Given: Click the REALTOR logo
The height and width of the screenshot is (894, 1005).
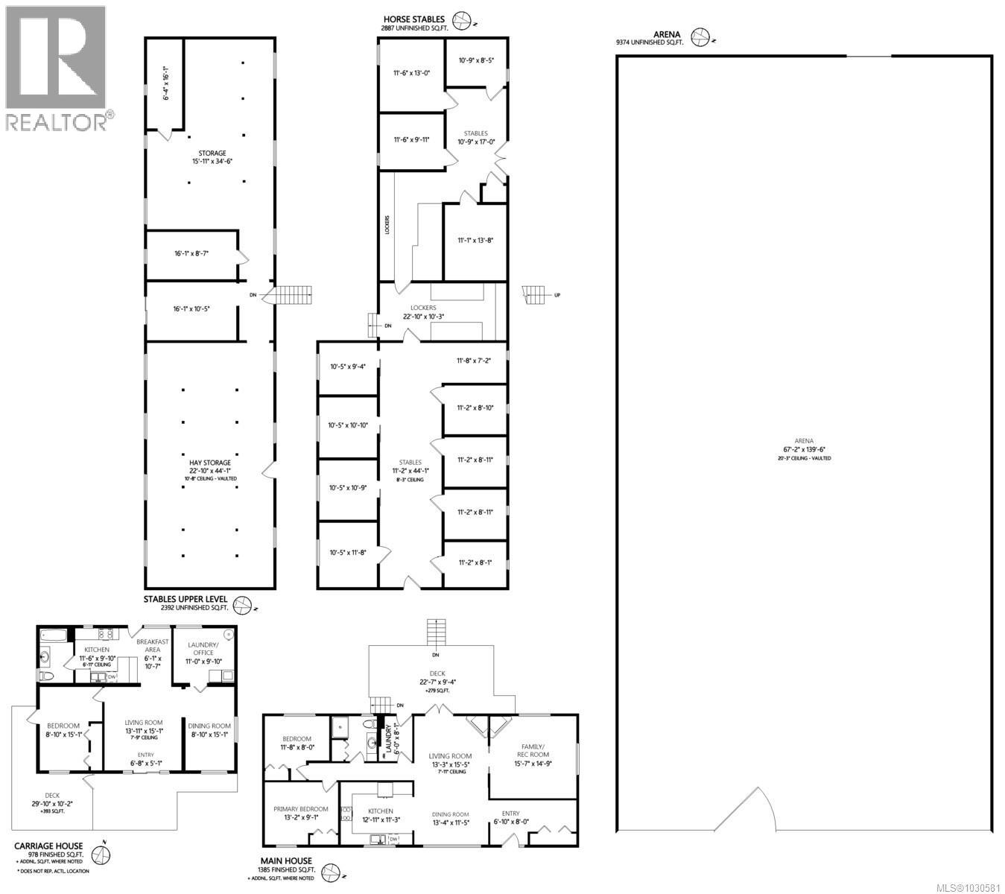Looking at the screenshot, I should tap(57, 67).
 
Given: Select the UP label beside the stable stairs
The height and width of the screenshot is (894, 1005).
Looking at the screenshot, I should tap(557, 296).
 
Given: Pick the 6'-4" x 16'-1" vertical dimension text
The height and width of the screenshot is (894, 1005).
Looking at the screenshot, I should tap(167, 83).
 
